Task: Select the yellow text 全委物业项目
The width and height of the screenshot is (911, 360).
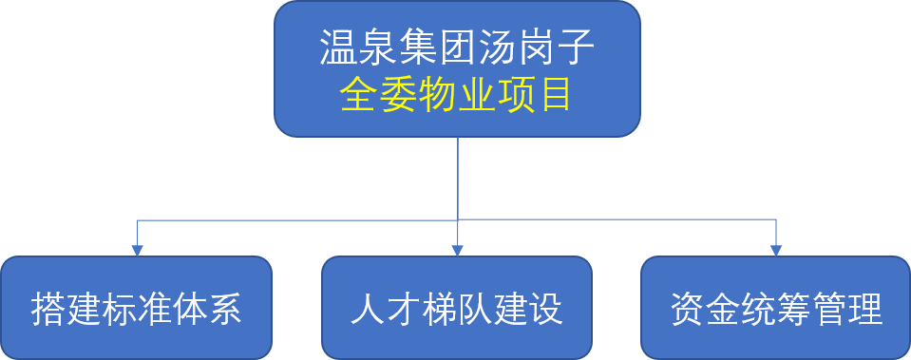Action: click(457, 95)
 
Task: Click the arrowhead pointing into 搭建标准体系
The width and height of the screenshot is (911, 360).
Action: click(137, 250)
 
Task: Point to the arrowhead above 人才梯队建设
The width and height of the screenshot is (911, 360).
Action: click(457, 250)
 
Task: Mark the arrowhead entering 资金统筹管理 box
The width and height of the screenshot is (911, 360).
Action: click(776, 250)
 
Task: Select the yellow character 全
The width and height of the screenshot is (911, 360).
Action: click(358, 95)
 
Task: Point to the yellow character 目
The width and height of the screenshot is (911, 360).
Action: click(556, 95)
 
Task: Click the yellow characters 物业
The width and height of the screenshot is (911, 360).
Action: click(457, 95)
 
